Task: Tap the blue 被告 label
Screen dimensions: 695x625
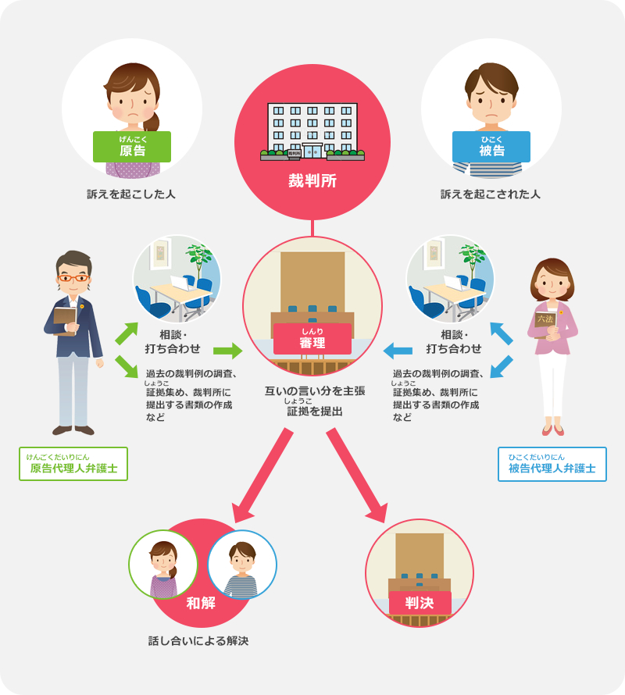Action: [491, 148]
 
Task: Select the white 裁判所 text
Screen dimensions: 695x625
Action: [312, 181]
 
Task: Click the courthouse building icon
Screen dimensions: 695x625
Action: [312, 131]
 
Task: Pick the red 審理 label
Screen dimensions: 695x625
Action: [312, 340]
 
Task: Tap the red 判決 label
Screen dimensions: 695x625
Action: [420, 604]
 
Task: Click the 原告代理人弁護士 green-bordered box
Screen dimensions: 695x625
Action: [73, 464]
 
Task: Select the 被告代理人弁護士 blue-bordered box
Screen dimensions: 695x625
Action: [552, 464]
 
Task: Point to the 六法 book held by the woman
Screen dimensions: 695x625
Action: [545, 319]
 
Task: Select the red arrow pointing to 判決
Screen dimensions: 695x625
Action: [359, 476]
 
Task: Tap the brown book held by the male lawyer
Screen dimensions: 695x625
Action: [64, 319]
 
